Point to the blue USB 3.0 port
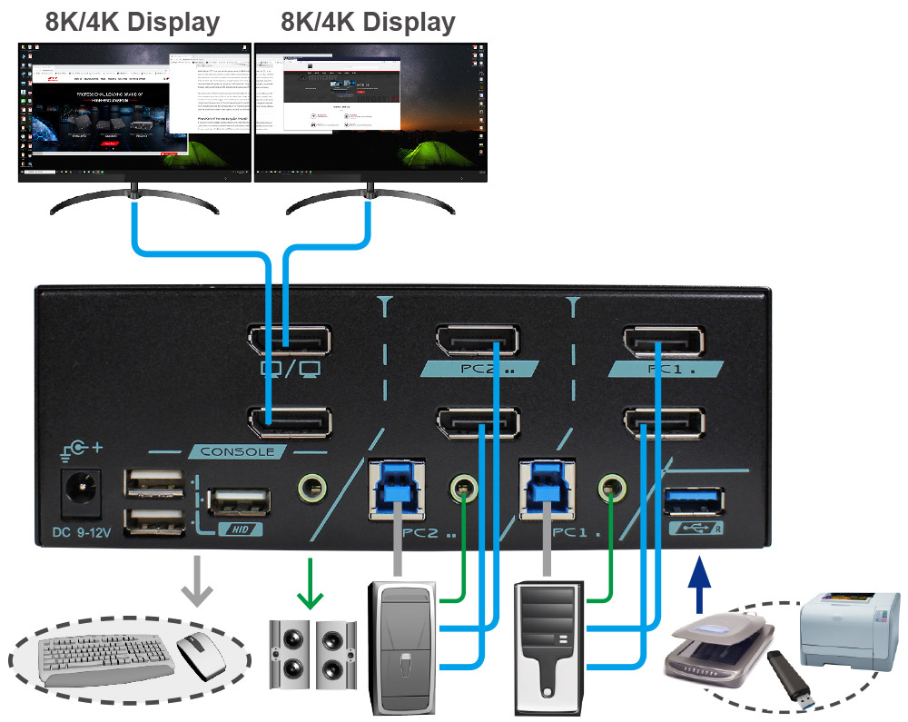pos(695,500)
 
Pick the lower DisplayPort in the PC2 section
pos(478,423)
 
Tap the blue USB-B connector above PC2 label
pos(397,485)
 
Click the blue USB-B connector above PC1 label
pos(548,485)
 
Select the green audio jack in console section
pos(313,489)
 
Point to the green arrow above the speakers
pos(311,593)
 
